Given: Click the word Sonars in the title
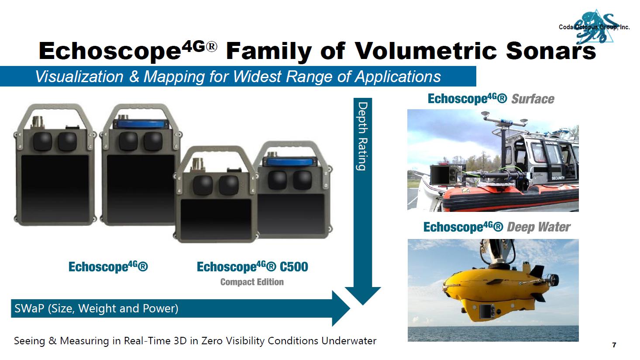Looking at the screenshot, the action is click(551, 51).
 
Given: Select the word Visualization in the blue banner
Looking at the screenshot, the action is click(79, 76).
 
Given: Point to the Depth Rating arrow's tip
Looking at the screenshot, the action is click(363, 305).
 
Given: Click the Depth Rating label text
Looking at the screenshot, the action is click(363, 136).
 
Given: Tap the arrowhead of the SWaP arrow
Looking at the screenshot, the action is click(341, 308).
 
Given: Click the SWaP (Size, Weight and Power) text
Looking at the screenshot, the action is click(96, 308).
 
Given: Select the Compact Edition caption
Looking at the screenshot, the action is click(252, 282).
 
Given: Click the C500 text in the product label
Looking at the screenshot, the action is click(294, 267).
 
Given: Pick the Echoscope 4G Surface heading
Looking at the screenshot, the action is click(491, 99).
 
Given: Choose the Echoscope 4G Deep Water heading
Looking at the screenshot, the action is click(497, 227).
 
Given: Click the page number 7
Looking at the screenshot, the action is click(614, 345).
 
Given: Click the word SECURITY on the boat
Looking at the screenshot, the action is click(558, 178).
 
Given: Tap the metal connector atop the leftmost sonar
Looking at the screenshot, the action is click(38, 122).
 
